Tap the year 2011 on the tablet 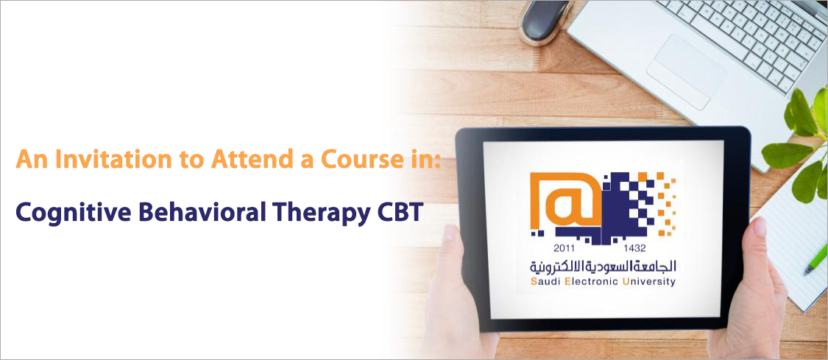565,247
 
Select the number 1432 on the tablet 634,247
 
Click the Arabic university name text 603,266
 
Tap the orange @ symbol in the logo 566,200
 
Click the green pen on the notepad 815,259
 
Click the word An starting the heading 32,160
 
